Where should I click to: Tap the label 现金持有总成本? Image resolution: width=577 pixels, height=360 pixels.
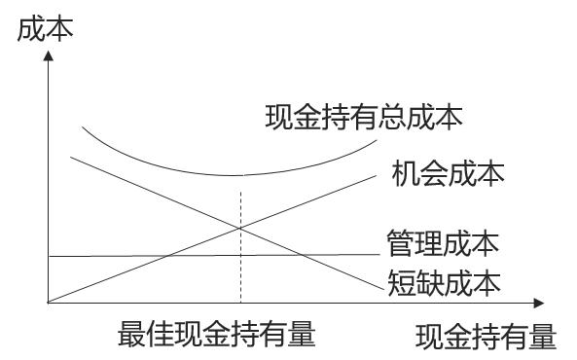click(363, 118)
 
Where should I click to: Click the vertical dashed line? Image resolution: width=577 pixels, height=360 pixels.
click(239, 263)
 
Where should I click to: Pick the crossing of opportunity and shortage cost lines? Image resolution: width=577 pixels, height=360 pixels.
click(239, 228)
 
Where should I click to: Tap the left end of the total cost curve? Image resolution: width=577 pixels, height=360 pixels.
click(83, 126)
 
